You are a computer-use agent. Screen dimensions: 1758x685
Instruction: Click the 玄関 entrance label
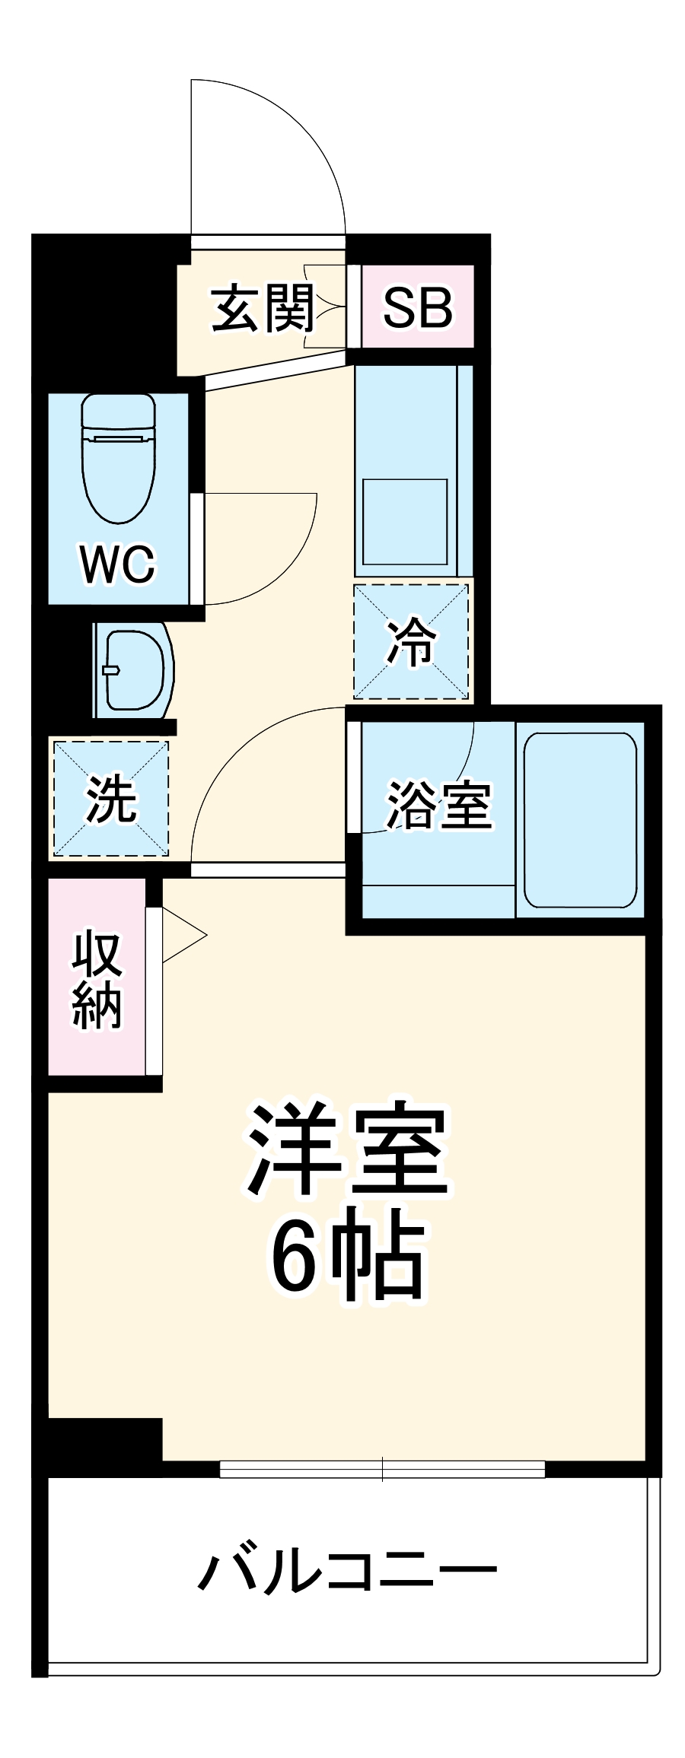point(263,308)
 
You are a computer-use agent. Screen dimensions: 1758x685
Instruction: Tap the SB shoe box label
point(417,308)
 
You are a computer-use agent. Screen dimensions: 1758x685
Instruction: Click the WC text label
point(118,564)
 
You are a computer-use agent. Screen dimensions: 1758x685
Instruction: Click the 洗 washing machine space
point(111,798)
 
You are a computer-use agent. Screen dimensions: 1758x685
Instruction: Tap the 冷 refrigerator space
point(411,641)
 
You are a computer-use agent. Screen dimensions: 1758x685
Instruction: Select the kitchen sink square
point(404,522)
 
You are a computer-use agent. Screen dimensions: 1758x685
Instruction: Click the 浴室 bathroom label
point(439,805)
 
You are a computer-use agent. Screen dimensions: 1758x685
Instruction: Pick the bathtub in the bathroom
point(580,819)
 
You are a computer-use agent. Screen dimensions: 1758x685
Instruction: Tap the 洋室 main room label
point(347,1149)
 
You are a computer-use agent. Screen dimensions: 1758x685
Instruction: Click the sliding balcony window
point(382,1469)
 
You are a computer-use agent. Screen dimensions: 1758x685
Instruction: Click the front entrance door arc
point(304,137)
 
